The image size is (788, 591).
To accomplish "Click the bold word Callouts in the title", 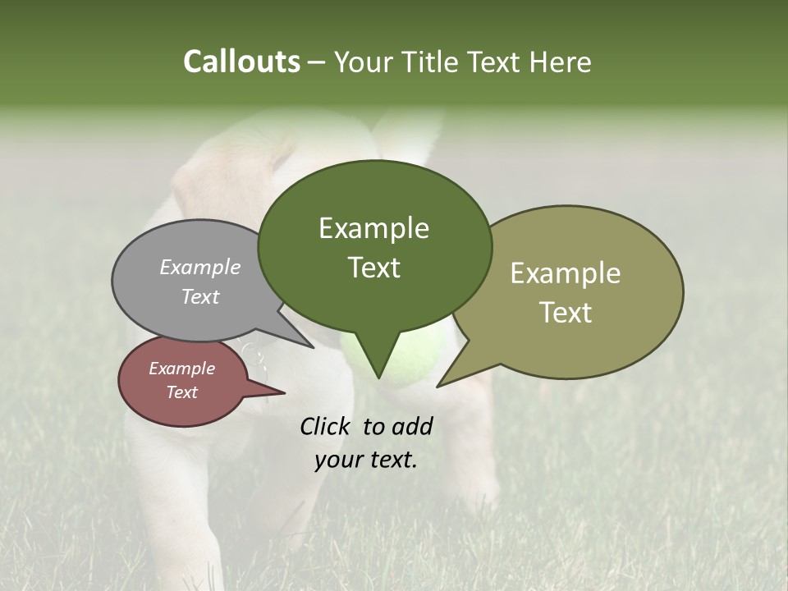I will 241,62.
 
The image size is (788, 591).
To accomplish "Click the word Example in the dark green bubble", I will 373,227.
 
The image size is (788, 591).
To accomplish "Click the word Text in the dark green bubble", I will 373,268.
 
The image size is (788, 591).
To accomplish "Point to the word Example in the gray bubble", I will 199,267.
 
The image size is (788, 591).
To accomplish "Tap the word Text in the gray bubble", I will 199,296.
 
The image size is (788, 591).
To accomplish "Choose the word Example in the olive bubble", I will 566,273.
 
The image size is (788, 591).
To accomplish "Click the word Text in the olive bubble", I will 566,313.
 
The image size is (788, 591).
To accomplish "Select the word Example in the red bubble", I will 181,369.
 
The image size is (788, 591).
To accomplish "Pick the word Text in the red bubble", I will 181,392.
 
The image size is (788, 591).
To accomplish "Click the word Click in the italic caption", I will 327,426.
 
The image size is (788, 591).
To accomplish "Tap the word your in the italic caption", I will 337,460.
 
